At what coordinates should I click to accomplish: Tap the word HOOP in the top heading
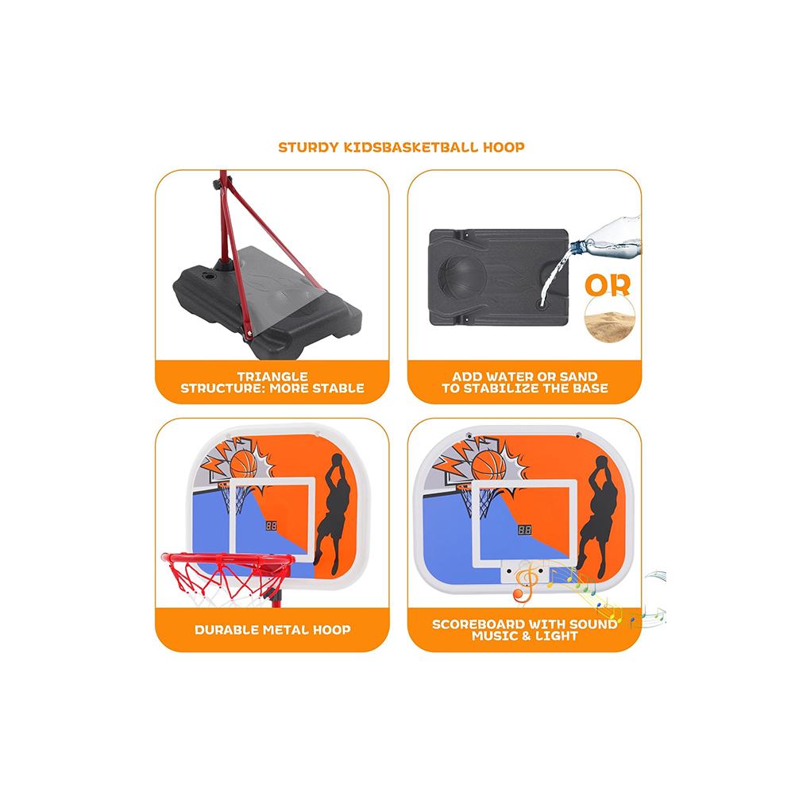tap(504, 148)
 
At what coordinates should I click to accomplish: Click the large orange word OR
tap(608, 285)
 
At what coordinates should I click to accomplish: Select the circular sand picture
tap(610, 319)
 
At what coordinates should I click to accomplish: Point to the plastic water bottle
tap(605, 238)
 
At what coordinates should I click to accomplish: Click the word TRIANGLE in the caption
tap(272, 377)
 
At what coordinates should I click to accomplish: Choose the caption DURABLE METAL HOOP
tap(272, 630)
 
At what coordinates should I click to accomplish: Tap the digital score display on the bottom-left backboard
tap(272, 526)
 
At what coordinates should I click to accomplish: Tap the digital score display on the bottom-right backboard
tap(524, 530)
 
